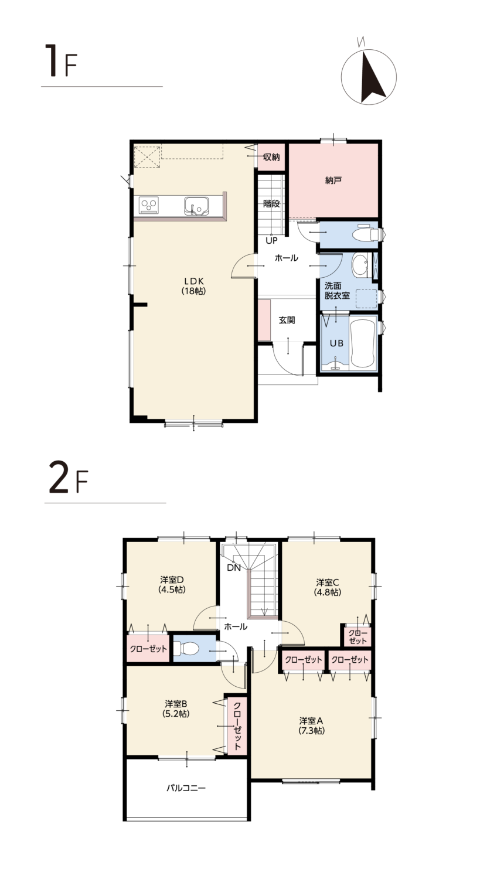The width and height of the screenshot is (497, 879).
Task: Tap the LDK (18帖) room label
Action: (193, 286)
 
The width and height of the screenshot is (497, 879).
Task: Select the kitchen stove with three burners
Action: (149, 205)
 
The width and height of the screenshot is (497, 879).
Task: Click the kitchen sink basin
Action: (196, 205)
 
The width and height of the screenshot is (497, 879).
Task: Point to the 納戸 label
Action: (333, 180)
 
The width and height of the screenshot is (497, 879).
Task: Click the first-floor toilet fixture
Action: (365, 234)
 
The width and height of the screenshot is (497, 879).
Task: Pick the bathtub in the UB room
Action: (363, 343)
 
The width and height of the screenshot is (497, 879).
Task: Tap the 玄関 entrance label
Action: (287, 320)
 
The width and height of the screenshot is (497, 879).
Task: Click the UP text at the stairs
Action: (272, 241)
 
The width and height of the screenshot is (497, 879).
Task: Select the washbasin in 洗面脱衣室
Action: (360, 264)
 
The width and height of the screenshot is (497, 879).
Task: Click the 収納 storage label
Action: (271, 158)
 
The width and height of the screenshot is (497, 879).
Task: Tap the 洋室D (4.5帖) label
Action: (172, 584)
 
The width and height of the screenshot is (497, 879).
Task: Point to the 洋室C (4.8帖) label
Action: (328, 587)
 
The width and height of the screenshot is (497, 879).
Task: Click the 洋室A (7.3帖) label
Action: (311, 725)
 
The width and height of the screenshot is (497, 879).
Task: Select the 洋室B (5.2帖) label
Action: (176, 708)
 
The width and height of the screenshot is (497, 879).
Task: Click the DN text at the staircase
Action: (234, 568)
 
